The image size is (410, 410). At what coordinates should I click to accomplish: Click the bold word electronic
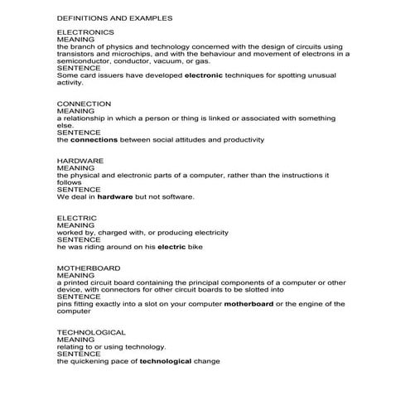[205, 75]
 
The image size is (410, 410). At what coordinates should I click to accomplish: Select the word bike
[195, 247]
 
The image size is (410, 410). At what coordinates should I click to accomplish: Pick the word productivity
[239, 140]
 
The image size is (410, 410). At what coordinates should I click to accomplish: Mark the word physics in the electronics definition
[124, 46]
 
